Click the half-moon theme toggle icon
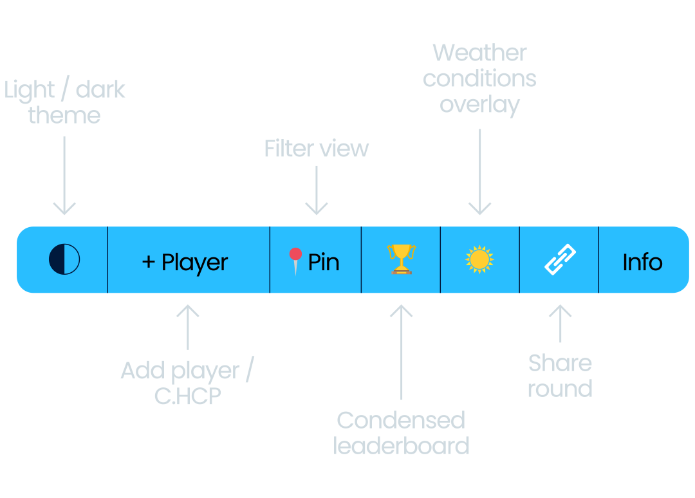click(x=64, y=260)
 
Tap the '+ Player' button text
click(x=185, y=263)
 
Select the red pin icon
click(x=295, y=261)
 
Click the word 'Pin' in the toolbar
click(x=324, y=263)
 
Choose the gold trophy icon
click(x=401, y=259)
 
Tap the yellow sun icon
click(x=479, y=259)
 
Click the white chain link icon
click(x=560, y=259)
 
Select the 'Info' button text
click(x=642, y=263)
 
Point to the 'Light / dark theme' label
click(x=64, y=102)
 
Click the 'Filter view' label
click(x=317, y=149)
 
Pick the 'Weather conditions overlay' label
click(x=479, y=78)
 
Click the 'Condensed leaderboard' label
click(x=401, y=432)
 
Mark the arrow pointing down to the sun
click(x=479, y=172)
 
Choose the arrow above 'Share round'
click(x=560, y=323)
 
